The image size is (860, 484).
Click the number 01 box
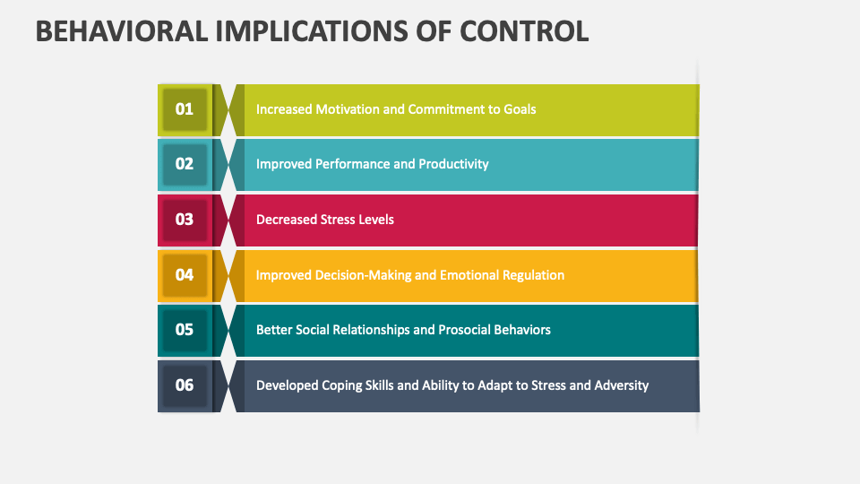[x=185, y=109]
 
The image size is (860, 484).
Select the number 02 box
[x=185, y=164]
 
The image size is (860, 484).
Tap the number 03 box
[x=185, y=220]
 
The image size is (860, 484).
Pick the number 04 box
[x=185, y=275]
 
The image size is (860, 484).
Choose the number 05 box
[x=185, y=330]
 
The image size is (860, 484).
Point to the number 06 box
[x=185, y=385]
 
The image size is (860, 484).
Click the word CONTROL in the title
[x=524, y=30]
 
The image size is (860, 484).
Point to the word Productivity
[x=453, y=164]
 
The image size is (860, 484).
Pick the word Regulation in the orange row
[x=532, y=275]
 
